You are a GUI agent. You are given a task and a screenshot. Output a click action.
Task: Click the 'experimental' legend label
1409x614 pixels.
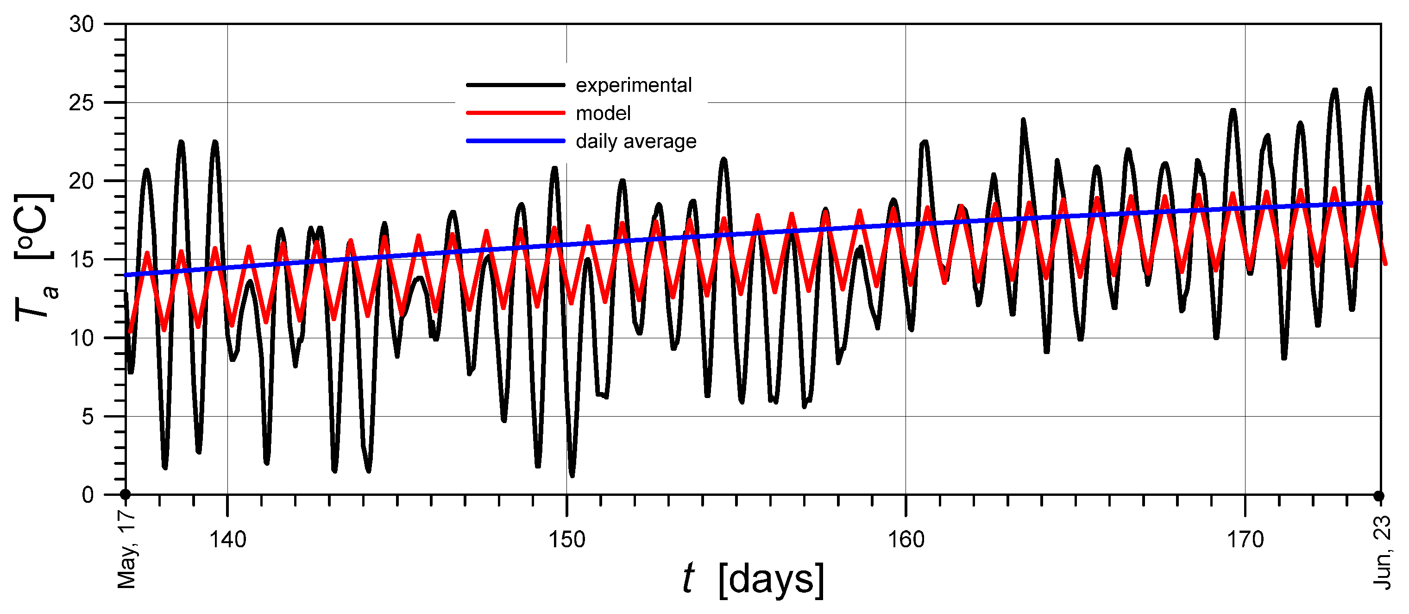[633, 85]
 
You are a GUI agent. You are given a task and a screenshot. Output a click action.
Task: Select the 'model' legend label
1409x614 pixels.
[604, 113]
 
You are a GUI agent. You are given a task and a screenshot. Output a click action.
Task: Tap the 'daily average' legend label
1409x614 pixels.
[636, 142]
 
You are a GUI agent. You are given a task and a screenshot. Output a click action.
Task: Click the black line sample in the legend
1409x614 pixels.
[515, 85]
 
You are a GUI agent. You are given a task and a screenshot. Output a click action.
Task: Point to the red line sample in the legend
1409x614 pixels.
[515, 113]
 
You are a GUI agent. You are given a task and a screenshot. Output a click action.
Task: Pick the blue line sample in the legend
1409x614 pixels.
[515, 141]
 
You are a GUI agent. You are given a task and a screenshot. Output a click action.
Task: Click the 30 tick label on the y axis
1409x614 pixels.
[82, 25]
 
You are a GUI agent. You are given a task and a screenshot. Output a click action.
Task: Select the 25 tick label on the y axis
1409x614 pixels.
[82, 103]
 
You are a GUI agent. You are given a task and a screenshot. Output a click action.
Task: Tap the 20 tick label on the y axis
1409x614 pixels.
[82, 181]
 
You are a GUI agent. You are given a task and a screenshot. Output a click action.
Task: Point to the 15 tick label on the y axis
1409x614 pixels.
[82, 260]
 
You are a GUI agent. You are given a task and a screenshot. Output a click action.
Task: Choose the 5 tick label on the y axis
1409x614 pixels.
[88, 417]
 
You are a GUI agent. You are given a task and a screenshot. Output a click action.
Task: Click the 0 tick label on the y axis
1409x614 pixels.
[88, 495]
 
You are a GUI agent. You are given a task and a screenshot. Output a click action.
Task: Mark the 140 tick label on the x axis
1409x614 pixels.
[227, 539]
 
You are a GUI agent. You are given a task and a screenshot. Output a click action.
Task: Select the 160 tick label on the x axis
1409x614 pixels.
[906, 539]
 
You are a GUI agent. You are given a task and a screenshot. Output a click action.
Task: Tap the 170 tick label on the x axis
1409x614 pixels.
[1245, 539]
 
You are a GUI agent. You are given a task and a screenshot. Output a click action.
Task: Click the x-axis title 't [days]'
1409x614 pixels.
[754, 579]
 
